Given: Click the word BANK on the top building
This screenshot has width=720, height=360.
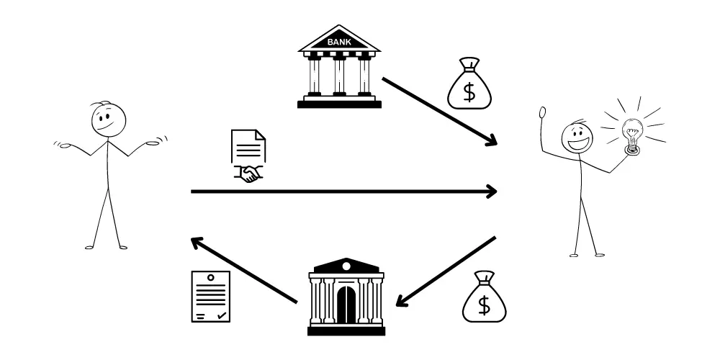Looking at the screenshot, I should click(x=339, y=42).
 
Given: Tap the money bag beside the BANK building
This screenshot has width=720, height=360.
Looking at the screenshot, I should click(x=469, y=85).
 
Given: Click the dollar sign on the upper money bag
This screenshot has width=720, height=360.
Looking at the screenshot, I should click(x=469, y=91).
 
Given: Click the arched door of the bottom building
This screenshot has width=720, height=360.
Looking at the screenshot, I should click(x=346, y=305).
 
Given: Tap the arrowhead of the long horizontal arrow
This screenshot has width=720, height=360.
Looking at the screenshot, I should click(x=491, y=192).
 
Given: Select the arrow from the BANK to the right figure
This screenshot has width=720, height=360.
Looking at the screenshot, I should click(x=439, y=111).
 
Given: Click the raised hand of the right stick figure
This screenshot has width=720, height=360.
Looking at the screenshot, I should click(x=543, y=113).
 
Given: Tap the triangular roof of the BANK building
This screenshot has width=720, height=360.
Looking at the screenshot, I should click(x=339, y=39).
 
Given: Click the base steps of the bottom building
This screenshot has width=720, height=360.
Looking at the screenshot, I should click(x=346, y=330).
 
